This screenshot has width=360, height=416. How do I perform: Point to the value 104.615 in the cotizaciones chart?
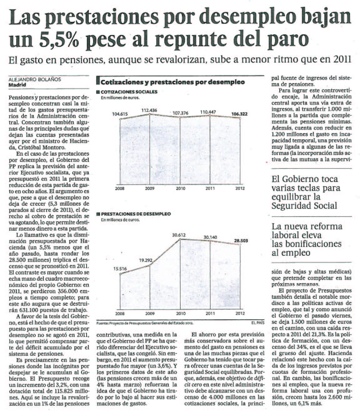(120, 114)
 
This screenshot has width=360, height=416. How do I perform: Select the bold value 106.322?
(239, 114)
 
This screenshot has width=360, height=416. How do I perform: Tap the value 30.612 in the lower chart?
(179, 235)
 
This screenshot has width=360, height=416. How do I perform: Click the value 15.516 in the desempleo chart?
(120, 269)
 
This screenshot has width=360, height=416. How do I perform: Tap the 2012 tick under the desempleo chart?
(240, 313)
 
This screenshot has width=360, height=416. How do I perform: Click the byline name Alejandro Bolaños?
(35, 79)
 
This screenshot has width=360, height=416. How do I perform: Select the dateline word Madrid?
(17, 84)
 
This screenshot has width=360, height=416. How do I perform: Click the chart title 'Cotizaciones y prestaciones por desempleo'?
(172, 83)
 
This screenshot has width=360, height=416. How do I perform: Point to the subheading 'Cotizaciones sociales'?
(129, 92)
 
